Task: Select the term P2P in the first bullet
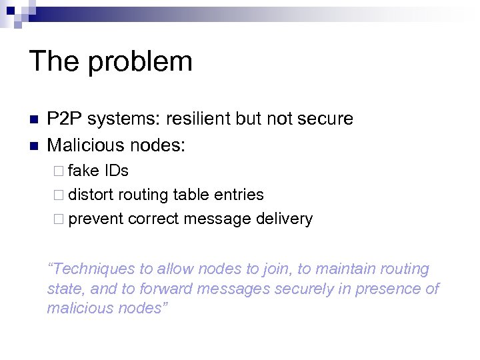(x=63, y=119)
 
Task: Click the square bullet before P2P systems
(x=33, y=120)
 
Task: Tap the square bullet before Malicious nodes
(x=33, y=145)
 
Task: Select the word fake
(x=83, y=171)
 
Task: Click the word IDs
(x=116, y=171)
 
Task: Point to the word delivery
(x=284, y=219)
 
